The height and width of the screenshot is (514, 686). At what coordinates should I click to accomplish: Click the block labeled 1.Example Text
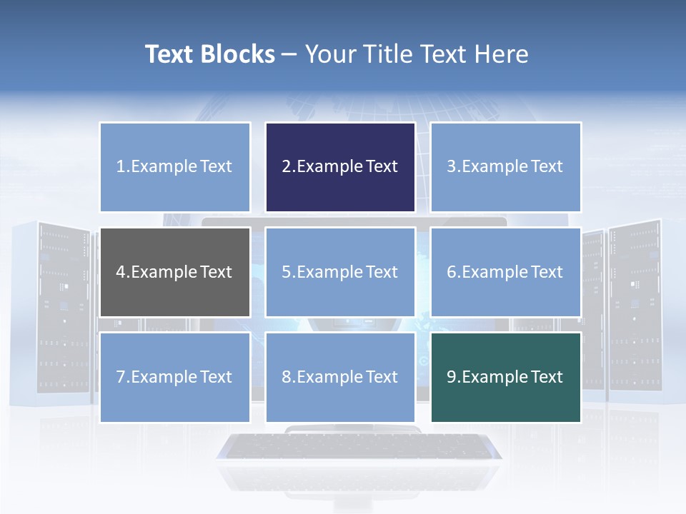coord(174,167)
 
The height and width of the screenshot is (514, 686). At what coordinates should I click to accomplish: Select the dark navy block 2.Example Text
coord(340,167)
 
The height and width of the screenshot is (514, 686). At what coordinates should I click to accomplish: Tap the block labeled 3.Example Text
coord(505,167)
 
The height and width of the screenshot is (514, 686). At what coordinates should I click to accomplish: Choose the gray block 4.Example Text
coord(174,272)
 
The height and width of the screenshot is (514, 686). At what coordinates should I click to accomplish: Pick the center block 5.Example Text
coord(340,272)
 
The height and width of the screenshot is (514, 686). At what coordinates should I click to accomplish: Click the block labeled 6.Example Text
coord(505,272)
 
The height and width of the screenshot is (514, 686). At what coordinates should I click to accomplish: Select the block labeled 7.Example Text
coord(174,377)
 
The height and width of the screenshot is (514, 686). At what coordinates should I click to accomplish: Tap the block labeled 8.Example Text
coord(340,377)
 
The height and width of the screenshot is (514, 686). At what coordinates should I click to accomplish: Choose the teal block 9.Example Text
coord(505,377)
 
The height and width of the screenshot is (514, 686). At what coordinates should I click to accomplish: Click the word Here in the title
coord(501,54)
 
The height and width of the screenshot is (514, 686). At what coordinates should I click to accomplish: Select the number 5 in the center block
coord(286,272)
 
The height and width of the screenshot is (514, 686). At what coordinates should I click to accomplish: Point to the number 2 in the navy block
coord(286,167)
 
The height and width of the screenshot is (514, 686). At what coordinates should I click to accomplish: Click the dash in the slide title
coord(289,55)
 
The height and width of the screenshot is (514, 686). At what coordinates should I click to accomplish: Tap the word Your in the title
coord(332,54)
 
